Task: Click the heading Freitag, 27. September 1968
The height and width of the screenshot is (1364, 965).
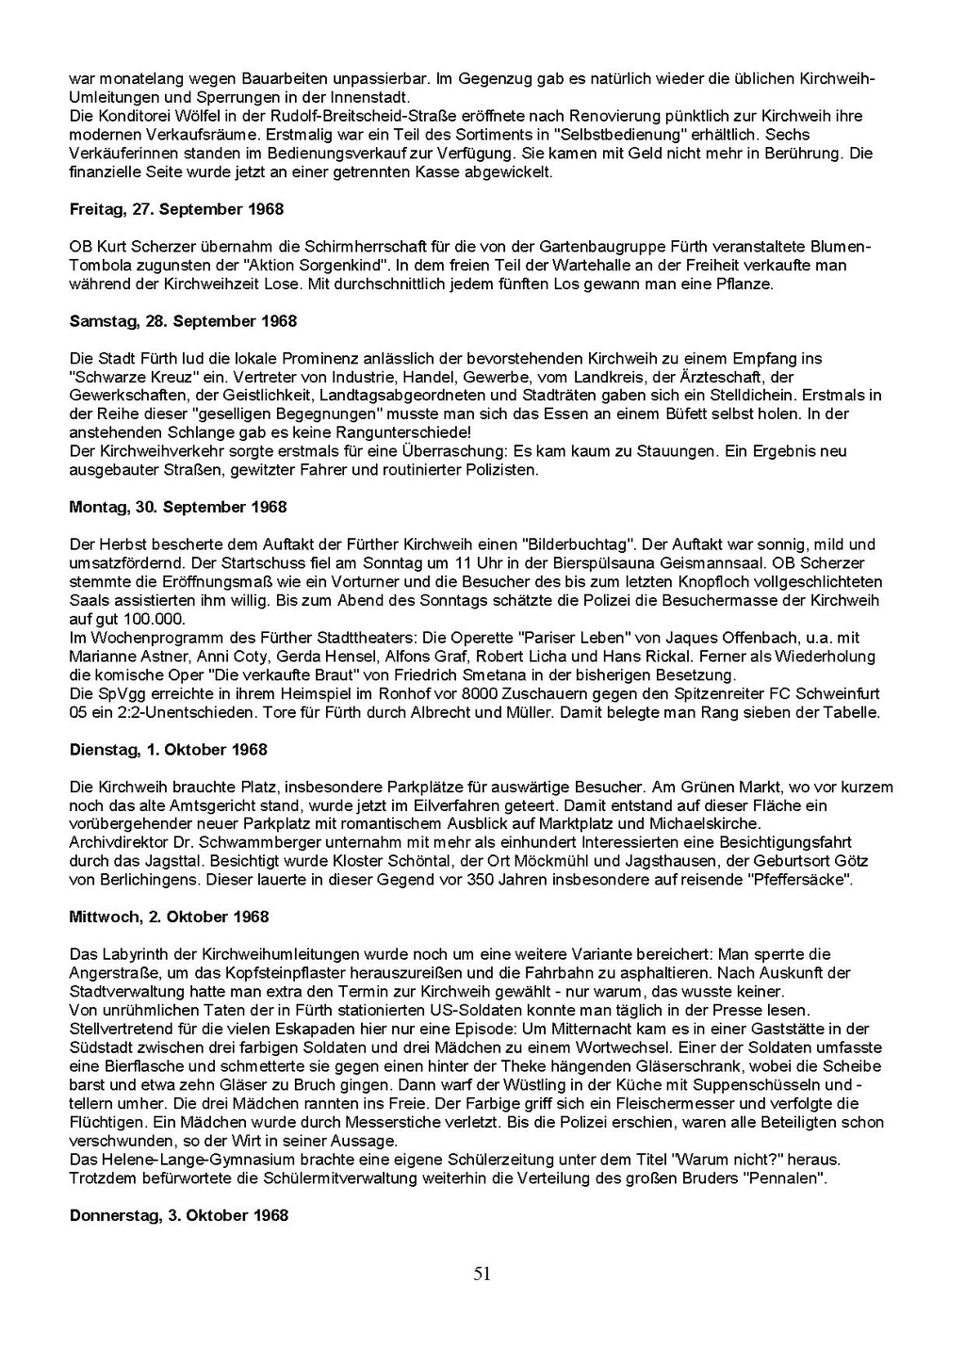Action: click(176, 209)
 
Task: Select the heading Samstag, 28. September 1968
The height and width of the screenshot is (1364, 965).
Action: click(183, 321)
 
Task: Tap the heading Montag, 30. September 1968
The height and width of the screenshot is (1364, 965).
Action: click(178, 507)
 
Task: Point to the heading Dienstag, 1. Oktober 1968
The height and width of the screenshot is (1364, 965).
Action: click(169, 750)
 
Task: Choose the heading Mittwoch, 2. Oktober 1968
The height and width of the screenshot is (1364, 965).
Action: click(168, 917)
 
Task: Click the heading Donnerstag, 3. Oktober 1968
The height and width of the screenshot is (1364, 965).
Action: click(179, 1215)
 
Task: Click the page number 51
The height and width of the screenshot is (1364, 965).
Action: click(482, 1275)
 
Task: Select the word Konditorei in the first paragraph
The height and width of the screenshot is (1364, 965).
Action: click(133, 117)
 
